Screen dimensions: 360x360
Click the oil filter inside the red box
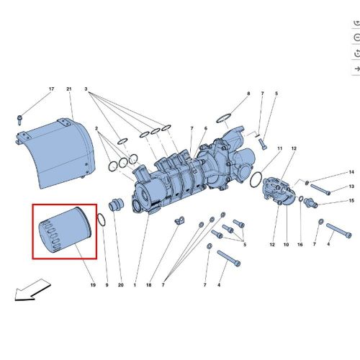(63, 231)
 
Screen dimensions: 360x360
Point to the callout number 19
(93, 286)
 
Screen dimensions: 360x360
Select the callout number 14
(351, 172)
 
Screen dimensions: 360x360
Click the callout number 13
(351, 186)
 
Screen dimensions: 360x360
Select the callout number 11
(279, 147)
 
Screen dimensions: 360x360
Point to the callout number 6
(205, 128)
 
